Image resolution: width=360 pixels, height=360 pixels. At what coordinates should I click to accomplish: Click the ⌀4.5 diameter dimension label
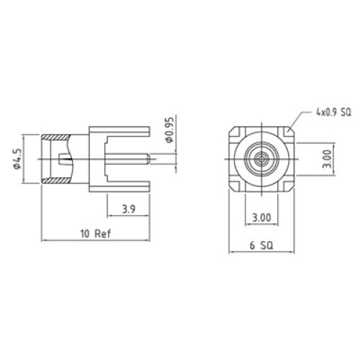click(17, 159)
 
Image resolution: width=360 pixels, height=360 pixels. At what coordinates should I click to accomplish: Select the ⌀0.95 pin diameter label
click(169, 130)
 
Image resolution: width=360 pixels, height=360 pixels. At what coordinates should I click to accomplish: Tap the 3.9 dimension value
click(129, 209)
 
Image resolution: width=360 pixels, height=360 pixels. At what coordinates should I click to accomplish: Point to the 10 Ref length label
click(96, 233)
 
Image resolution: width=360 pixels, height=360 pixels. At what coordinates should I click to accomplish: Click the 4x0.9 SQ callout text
click(333, 112)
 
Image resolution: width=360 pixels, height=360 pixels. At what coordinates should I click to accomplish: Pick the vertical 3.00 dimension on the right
click(328, 159)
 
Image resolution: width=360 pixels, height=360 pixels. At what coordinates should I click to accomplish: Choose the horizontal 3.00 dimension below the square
click(261, 217)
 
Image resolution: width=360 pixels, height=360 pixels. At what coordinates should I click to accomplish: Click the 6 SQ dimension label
click(261, 246)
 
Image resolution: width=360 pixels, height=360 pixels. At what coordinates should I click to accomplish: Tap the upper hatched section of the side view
click(56, 138)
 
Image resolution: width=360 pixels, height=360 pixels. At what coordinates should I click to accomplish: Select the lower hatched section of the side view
click(56, 181)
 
